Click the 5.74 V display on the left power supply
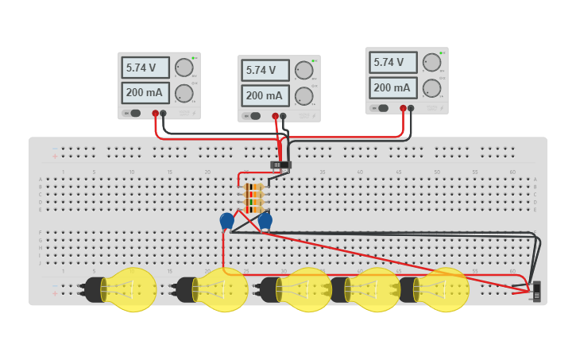click(x=145, y=68)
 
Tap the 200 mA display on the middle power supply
click(x=265, y=95)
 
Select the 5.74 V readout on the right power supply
click(x=392, y=62)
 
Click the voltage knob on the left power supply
click(x=184, y=68)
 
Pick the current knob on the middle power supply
click(x=303, y=96)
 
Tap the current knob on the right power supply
click(x=431, y=87)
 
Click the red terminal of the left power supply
click(x=156, y=114)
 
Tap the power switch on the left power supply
click(x=134, y=114)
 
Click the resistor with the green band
click(x=253, y=203)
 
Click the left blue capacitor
click(x=227, y=220)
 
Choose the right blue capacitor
click(x=265, y=220)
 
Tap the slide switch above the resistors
click(x=280, y=165)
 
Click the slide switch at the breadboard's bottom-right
click(x=537, y=291)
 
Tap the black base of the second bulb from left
click(x=185, y=289)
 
